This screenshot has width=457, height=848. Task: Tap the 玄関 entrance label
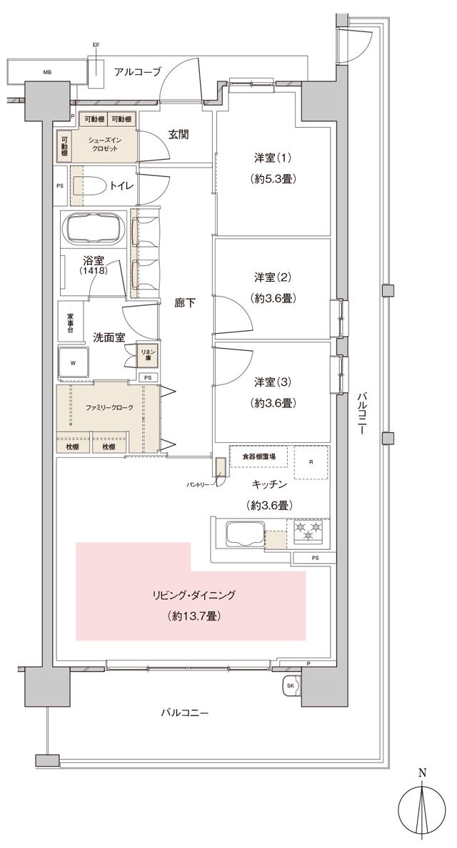click(x=179, y=133)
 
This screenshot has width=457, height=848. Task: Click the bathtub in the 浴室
click(x=95, y=230)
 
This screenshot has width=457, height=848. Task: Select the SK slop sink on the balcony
click(x=291, y=686)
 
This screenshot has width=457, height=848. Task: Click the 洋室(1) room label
click(x=272, y=158)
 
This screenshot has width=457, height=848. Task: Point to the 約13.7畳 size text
click(x=194, y=614)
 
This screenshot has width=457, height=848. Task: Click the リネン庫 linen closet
click(x=147, y=355)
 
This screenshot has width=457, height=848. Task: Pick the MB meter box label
click(x=47, y=72)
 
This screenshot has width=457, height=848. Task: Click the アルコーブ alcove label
click(x=137, y=71)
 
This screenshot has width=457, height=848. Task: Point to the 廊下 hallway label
click(x=184, y=303)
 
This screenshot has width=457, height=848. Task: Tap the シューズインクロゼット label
click(x=104, y=145)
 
